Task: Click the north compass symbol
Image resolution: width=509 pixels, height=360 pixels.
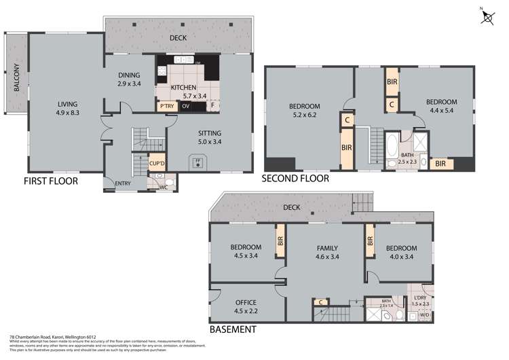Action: click(487, 16)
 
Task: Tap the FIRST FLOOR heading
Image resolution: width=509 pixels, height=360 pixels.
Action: click(50, 181)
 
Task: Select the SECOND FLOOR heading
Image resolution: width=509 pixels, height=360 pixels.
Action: click(296, 179)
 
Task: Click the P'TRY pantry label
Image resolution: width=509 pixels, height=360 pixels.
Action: click(166, 107)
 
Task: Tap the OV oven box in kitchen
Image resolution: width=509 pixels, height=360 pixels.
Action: click(185, 107)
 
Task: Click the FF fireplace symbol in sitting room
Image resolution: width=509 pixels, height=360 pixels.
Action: click(198, 162)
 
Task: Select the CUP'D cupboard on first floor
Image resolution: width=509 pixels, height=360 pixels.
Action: click(157, 163)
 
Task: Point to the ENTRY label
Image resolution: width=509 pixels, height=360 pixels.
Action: click(124, 182)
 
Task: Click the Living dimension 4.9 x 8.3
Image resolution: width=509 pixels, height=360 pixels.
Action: click(68, 113)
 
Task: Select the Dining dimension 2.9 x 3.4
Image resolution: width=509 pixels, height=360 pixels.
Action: click(129, 83)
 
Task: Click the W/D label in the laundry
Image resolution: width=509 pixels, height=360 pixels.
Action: click(426, 315)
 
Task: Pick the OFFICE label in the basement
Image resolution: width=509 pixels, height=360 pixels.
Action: click(246, 303)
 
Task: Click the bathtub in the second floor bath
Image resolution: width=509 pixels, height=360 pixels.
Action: click(392, 147)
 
